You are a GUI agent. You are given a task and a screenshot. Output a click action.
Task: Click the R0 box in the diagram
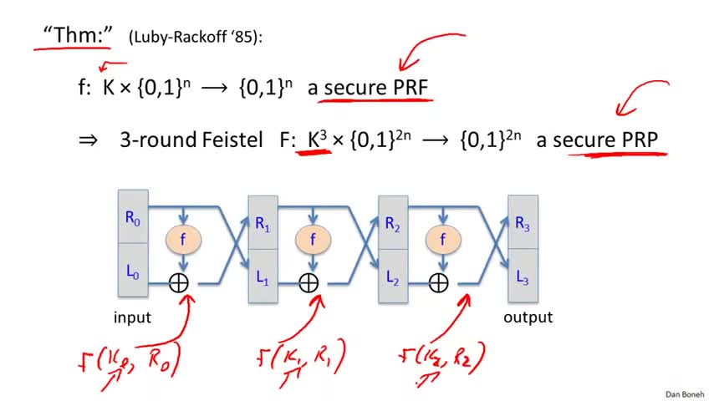tap(134, 219)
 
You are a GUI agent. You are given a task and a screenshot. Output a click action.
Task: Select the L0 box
tap(134, 271)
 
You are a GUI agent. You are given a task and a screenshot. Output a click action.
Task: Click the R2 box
tap(393, 224)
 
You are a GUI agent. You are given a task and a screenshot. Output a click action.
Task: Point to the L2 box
tap(393, 274)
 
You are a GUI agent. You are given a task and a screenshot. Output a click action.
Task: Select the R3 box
tap(523, 224)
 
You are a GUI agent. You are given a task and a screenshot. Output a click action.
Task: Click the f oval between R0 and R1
tap(183, 239)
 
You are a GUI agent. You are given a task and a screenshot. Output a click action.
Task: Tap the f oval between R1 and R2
tap(313, 239)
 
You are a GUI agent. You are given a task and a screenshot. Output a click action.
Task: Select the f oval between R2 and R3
tap(443, 239)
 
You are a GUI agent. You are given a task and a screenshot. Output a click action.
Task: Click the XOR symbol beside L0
tap(180, 282)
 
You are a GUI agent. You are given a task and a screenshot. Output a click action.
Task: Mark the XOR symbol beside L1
tap(309, 282)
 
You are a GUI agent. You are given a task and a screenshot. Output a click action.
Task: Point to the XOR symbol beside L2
tap(439, 282)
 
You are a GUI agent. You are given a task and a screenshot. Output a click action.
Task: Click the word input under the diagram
tap(132, 317)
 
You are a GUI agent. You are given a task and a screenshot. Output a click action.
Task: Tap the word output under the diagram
tap(528, 317)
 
